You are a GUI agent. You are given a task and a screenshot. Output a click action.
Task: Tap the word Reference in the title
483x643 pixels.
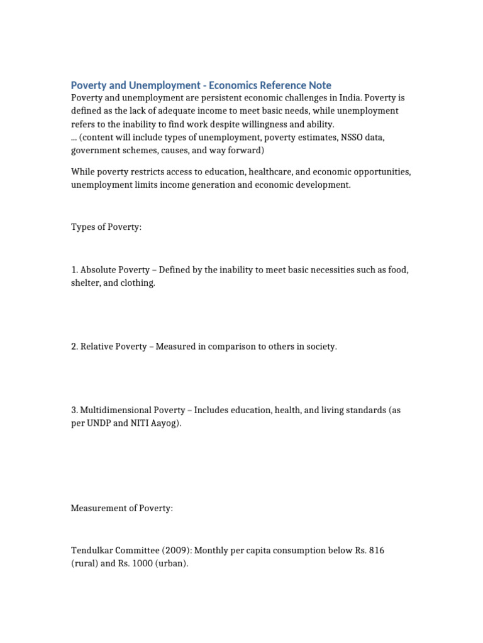pos(278,85)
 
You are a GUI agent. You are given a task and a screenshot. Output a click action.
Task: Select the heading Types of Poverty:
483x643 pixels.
pos(106,227)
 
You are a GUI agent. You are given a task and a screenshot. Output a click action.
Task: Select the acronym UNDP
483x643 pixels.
pos(100,423)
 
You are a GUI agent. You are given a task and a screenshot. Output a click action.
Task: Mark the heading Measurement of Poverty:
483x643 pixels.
pos(121,508)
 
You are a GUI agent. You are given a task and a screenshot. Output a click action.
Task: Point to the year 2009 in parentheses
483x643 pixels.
pos(177,551)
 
